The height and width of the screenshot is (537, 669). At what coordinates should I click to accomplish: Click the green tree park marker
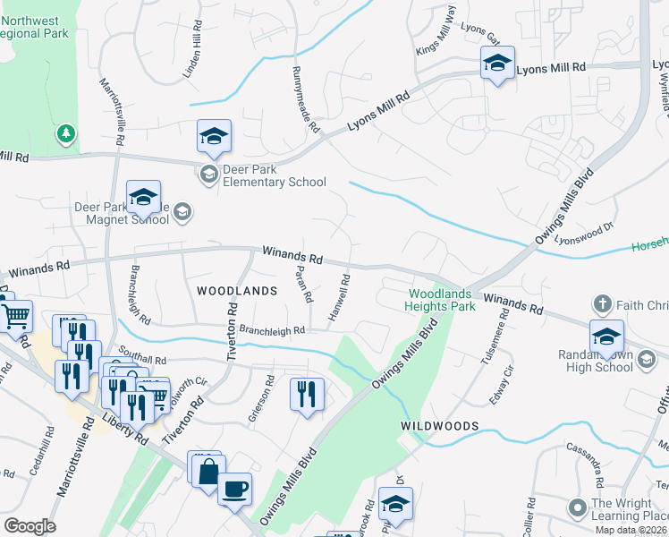pos(64,134)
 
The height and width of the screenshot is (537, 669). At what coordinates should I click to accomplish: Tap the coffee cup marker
pos(234,489)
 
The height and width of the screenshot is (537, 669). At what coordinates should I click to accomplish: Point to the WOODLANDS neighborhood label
pos(237,291)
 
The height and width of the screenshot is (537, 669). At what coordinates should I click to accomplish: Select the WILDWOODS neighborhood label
pos(440,425)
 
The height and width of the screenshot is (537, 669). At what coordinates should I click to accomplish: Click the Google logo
pos(30,526)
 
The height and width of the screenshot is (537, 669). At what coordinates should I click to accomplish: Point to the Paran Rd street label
pos(302,283)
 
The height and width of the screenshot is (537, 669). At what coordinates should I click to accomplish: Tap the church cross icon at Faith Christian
pos(605,303)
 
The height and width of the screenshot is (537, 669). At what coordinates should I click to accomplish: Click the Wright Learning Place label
pos(628,509)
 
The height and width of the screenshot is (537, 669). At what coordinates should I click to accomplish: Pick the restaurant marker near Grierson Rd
pos(306,393)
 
